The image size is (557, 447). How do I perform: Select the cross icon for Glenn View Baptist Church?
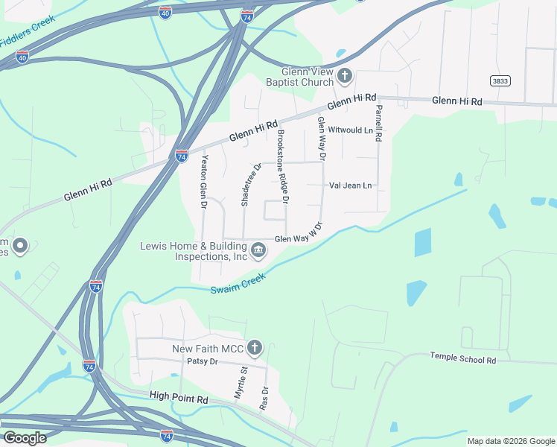(x=345, y=75)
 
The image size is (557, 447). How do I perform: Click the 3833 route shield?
(x=500, y=80)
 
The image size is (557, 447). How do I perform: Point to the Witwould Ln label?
(x=350, y=130)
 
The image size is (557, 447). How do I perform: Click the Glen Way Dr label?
(x=322, y=139)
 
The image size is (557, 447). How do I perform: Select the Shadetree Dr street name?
(x=247, y=185)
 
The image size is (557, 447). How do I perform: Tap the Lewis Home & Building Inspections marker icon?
(x=258, y=249)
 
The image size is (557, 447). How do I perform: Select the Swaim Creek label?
(x=238, y=287)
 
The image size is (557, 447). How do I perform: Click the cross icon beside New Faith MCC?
(x=255, y=347)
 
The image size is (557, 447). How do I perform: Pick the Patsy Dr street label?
(x=203, y=361)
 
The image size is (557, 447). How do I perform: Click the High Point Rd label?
(x=179, y=399)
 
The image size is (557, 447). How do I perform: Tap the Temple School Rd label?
(x=462, y=358)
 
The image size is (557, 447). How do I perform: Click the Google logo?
(x=25, y=437)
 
